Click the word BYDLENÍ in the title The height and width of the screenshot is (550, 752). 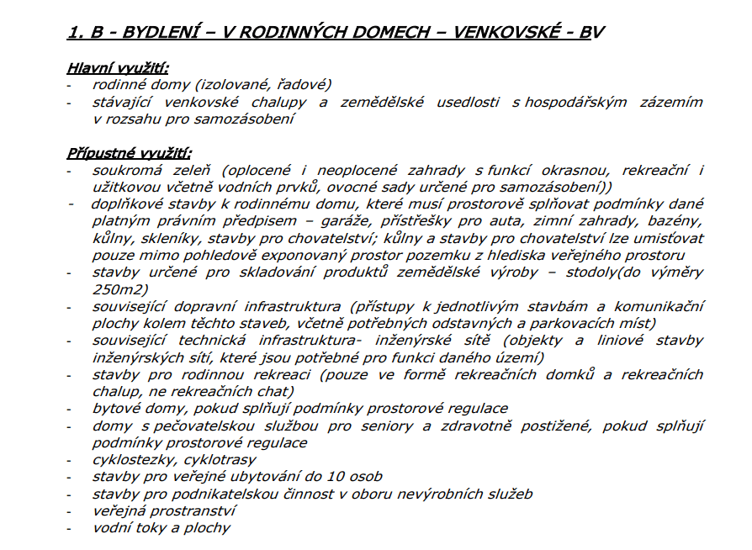click(157, 33)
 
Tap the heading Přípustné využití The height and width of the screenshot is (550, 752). click(129, 153)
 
